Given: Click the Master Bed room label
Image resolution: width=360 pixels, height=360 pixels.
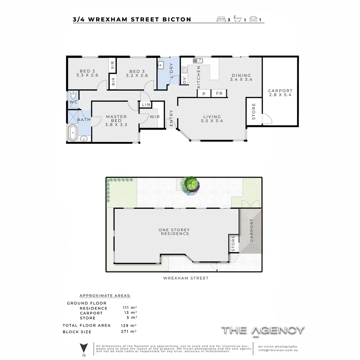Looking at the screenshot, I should coord(116,120).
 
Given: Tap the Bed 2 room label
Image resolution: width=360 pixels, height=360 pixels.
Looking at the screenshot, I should coord(87,73).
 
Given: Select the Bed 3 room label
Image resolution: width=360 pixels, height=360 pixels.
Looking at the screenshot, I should coord(137,73).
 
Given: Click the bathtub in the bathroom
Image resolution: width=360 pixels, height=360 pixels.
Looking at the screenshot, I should coord(73,132).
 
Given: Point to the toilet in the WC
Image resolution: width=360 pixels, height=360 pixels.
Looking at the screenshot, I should coord(73,94).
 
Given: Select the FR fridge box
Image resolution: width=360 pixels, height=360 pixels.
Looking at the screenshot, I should coord(219,93).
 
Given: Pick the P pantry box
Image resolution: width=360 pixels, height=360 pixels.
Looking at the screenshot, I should coord(204,93).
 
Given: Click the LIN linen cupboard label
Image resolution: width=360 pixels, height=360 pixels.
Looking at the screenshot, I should coord(146,105).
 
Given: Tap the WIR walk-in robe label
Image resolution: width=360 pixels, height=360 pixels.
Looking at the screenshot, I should coord(154,117).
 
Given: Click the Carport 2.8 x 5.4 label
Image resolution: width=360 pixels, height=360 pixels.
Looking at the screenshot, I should coord(280,93).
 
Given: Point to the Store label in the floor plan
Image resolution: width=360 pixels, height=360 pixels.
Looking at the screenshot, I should coord(254,111).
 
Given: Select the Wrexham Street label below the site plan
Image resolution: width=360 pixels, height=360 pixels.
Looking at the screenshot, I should coord(186,278).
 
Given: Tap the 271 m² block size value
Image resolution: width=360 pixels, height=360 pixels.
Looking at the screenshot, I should coord(128,332).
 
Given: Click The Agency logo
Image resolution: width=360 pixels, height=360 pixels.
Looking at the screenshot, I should coord(263,330).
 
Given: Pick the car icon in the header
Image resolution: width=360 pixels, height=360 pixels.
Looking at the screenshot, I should coord(253,19).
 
